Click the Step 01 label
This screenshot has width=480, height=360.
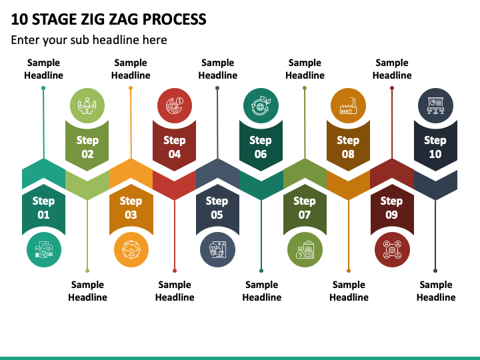pos(43,207)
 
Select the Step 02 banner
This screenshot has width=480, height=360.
pos(87,147)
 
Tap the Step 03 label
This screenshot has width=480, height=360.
pos(131,207)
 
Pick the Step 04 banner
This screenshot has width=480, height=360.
pos(174,147)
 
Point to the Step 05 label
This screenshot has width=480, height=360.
pos(217,207)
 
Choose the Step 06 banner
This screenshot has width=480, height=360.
pos(261,147)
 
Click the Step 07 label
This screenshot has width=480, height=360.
pos(305,207)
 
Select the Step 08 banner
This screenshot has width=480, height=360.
pos(348,147)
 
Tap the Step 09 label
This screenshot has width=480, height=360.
pos(391,207)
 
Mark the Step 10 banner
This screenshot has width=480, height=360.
pos(435,147)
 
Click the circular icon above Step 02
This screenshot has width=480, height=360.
pos(87,105)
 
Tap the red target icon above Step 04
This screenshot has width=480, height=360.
pos(174,105)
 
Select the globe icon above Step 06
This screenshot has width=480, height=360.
pos(261,105)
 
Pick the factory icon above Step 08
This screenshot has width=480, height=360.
pos(348,105)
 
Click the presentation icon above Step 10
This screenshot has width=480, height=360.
pos(435,105)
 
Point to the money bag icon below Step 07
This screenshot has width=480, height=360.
pos(305,250)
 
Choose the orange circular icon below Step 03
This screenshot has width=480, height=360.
pos(131,250)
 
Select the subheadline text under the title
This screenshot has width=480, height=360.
pos(89,40)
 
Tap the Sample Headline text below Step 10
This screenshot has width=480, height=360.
pos(436,291)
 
